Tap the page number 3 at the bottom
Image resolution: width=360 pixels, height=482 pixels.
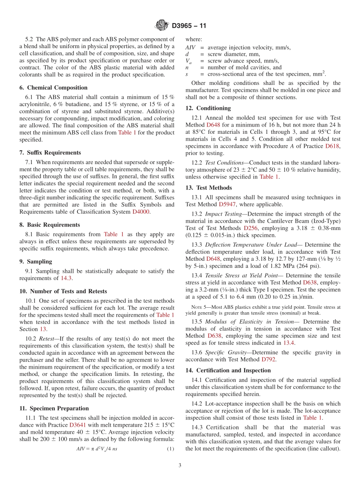tap(180, 465)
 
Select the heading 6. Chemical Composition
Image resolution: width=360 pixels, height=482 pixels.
tap(53, 88)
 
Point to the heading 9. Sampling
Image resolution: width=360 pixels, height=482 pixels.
tap(36, 261)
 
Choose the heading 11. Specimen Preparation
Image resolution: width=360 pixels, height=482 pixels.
tap(54, 408)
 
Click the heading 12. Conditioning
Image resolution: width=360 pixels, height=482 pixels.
tap(208, 108)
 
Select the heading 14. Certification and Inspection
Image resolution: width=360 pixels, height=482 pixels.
tap(228, 370)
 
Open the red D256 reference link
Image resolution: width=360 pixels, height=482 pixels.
tap(250, 228)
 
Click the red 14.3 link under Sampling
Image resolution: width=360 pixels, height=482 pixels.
tap(66, 279)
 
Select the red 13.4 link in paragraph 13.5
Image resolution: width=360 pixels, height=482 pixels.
tap(289, 343)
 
